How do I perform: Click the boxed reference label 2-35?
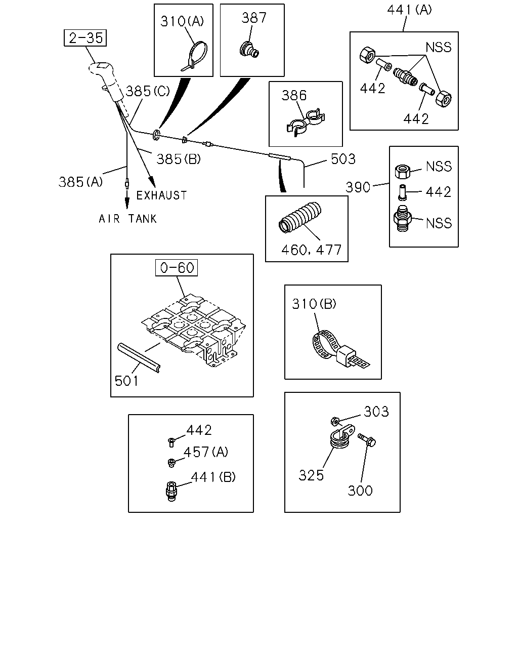(x=85, y=38)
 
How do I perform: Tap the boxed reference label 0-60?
(x=177, y=267)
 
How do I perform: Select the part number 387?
(x=254, y=18)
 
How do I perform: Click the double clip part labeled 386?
(x=306, y=122)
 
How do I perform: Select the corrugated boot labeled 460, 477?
(x=300, y=217)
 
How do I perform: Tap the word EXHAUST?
(x=162, y=195)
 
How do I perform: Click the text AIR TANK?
(x=127, y=219)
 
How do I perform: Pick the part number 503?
(x=343, y=158)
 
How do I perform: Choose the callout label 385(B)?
(x=179, y=158)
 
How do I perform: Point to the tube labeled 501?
(x=139, y=358)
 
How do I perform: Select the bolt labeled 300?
(x=367, y=440)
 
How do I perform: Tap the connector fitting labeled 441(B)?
(x=171, y=492)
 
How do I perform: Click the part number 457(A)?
(x=206, y=452)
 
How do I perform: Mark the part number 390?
(x=358, y=187)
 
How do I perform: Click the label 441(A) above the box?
(x=409, y=10)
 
